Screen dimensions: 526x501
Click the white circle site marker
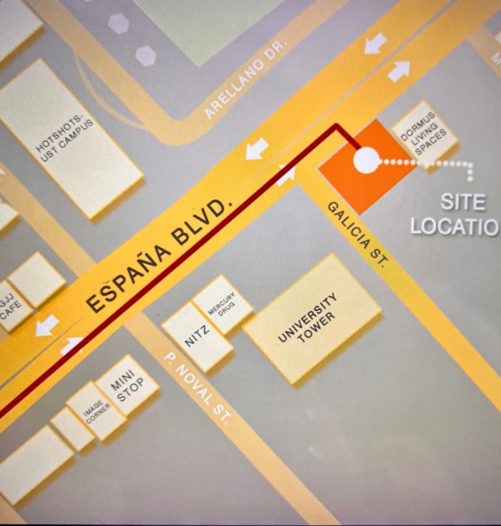click(366, 160)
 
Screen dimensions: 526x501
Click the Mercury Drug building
click(222, 304)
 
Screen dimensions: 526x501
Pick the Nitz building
click(197, 336)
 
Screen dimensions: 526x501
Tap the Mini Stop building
click(127, 384)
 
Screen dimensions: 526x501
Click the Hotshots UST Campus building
click(70, 139)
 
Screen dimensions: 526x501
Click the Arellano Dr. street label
click(247, 80)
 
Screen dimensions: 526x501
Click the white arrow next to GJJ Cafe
click(48, 325)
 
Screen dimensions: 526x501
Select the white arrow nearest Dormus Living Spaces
click(399, 71)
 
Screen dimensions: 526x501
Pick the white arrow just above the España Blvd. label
click(257, 148)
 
